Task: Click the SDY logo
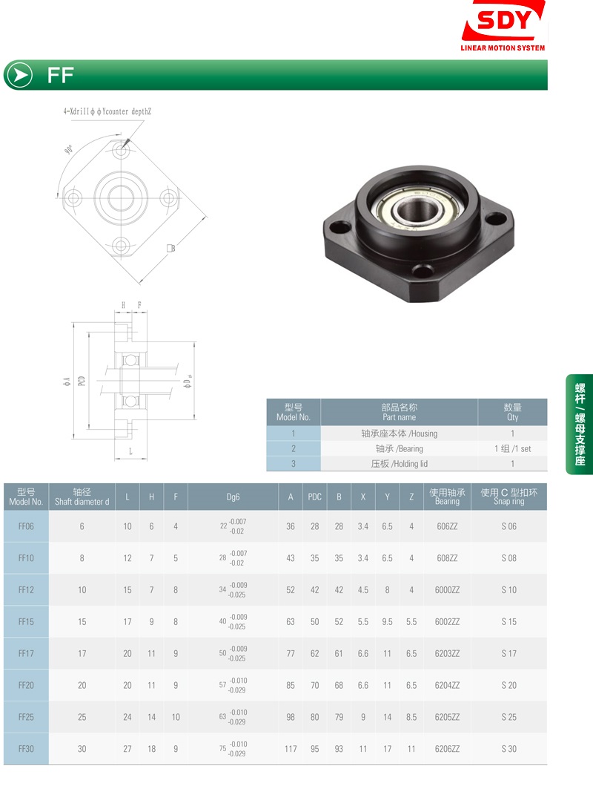tap(503, 26)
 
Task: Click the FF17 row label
tap(26, 654)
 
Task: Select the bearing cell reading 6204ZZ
tap(447, 685)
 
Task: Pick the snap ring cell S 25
tap(508, 717)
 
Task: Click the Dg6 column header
tap(233, 497)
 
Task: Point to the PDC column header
tap(314, 497)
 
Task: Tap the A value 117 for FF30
tap(291, 749)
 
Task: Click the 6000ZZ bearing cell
tap(447, 590)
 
